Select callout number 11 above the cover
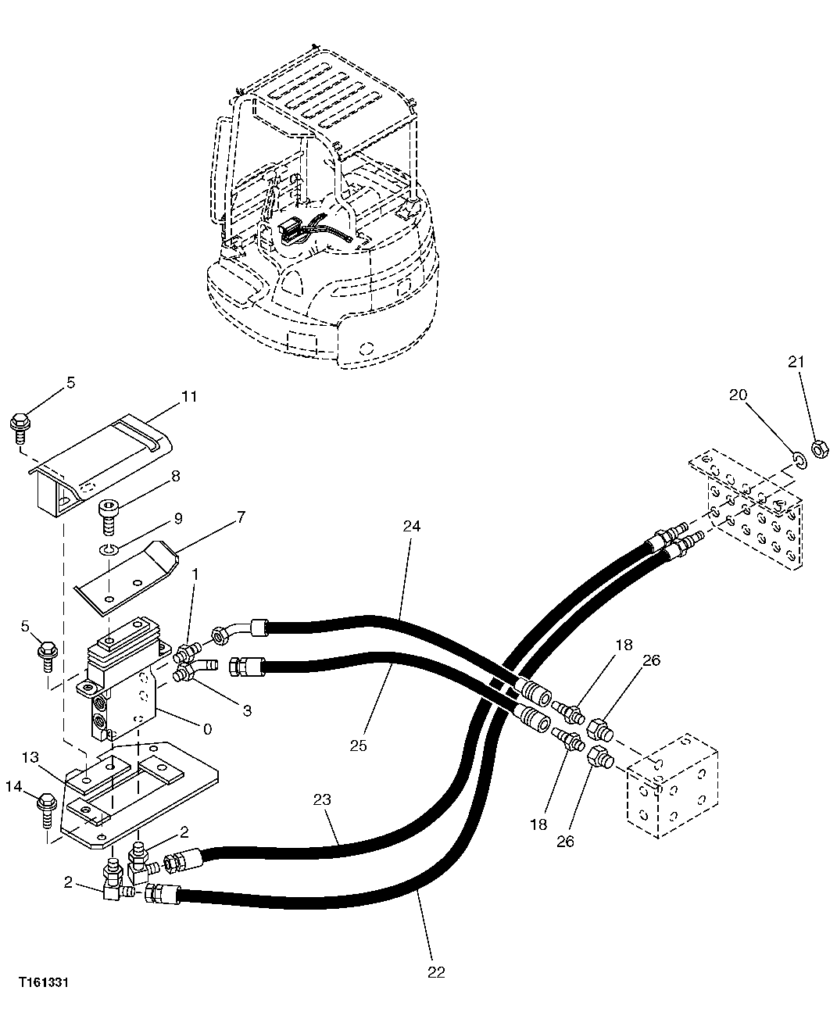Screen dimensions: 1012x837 point(189,396)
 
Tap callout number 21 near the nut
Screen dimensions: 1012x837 point(796,362)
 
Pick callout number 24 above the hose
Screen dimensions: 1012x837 point(412,526)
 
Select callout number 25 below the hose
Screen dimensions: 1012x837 point(358,746)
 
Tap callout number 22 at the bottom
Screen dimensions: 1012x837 point(436,971)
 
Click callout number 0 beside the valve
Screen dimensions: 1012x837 point(207,729)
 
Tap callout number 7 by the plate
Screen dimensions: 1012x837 point(241,517)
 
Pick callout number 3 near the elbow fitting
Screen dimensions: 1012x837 point(247,710)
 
